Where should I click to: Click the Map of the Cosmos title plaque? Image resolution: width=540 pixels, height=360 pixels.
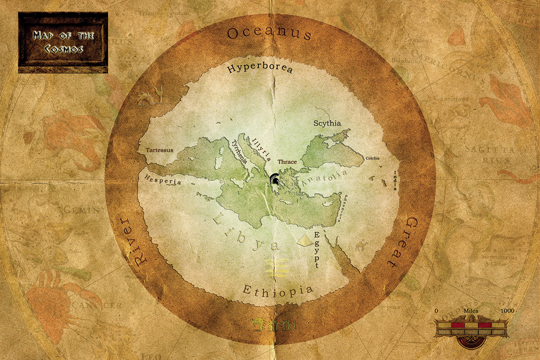63,43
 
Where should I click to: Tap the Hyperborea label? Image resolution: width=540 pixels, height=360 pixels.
260,69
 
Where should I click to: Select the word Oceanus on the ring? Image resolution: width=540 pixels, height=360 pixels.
269,33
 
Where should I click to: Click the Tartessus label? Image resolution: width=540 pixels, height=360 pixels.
159,150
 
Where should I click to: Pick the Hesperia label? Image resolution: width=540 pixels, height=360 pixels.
162,180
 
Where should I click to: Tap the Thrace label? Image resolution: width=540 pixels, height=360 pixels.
287,162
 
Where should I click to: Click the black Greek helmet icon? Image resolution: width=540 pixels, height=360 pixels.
275,179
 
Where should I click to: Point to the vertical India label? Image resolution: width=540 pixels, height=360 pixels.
396,180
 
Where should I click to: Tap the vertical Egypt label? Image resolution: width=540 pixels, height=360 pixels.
315,249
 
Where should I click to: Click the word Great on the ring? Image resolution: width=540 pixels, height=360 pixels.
402,242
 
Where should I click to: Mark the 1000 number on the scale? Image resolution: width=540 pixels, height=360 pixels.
507,311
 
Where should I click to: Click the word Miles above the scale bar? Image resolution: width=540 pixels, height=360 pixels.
470,311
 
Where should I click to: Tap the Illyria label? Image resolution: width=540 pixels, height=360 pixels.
262,149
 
